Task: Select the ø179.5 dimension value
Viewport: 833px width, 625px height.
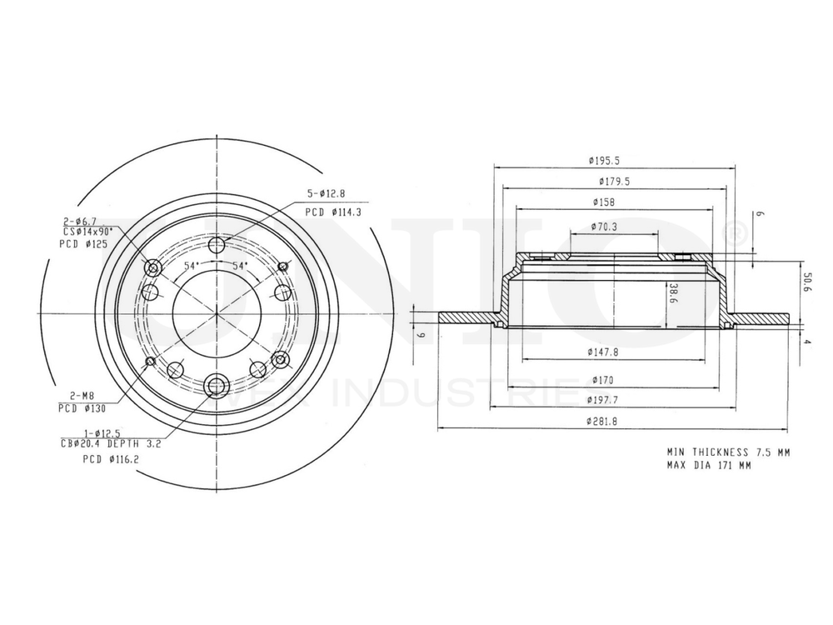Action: pyautogui.click(x=613, y=181)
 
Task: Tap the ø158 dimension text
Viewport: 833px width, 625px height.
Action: pyautogui.click(x=604, y=202)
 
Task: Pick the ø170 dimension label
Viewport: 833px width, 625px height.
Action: pyautogui.click(x=601, y=379)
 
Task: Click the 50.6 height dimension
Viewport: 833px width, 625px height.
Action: pyautogui.click(x=806, y=282)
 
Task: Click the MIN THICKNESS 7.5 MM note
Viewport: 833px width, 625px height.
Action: pyautogui.click(x=728, y=451)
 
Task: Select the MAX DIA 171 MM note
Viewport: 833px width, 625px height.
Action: pyautogui.click(x=708, y=465)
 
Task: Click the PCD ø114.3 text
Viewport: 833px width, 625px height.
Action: pyautogui.click(x=332, y=212)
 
